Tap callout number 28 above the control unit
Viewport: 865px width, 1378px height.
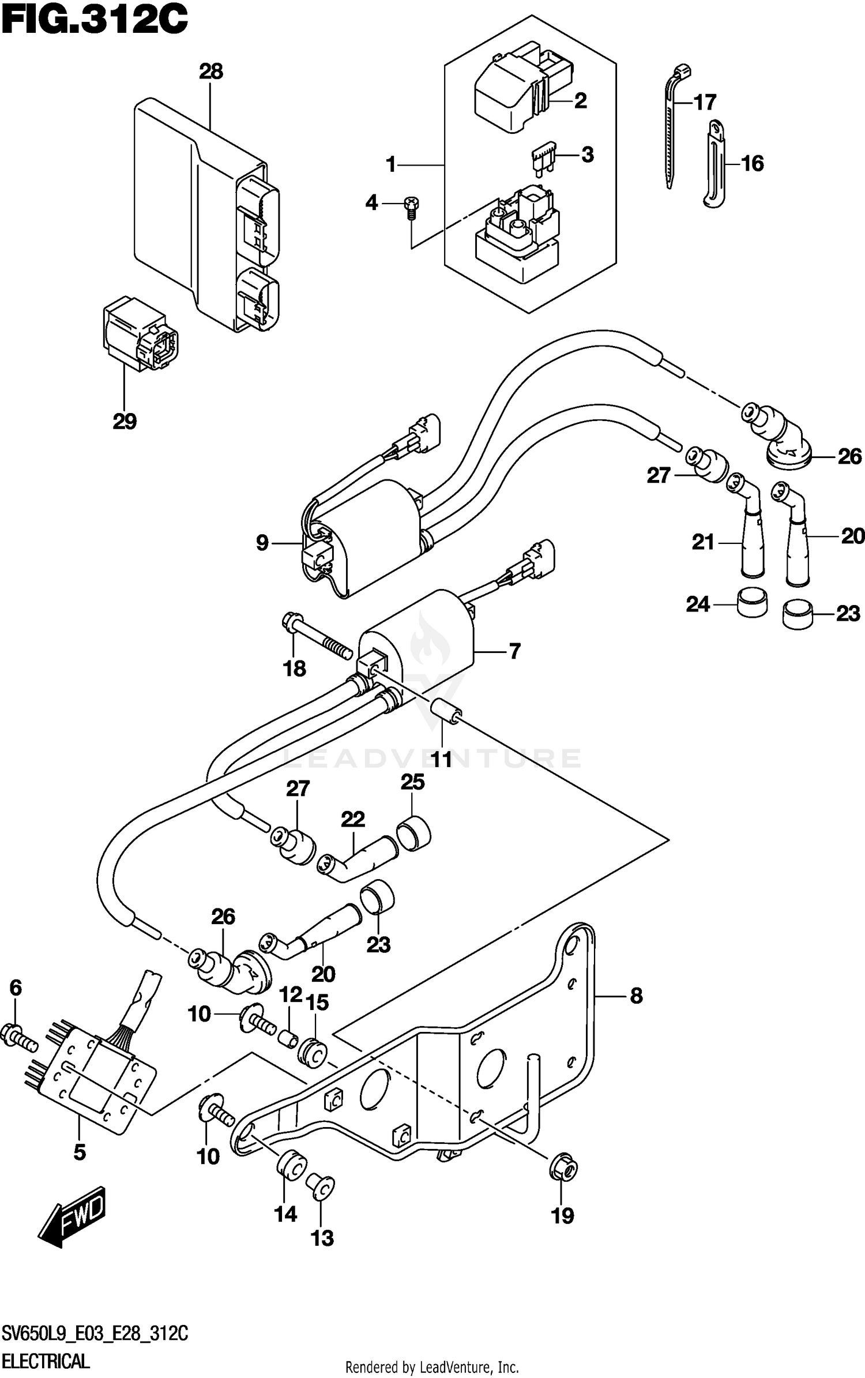click(210, 72)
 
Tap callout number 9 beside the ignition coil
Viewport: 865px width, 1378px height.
click(262, 543)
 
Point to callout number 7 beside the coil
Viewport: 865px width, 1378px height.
click(514, 651)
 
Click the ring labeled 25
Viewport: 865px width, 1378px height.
click(414, 834)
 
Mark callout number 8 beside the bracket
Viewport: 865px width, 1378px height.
click(636, 996)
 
